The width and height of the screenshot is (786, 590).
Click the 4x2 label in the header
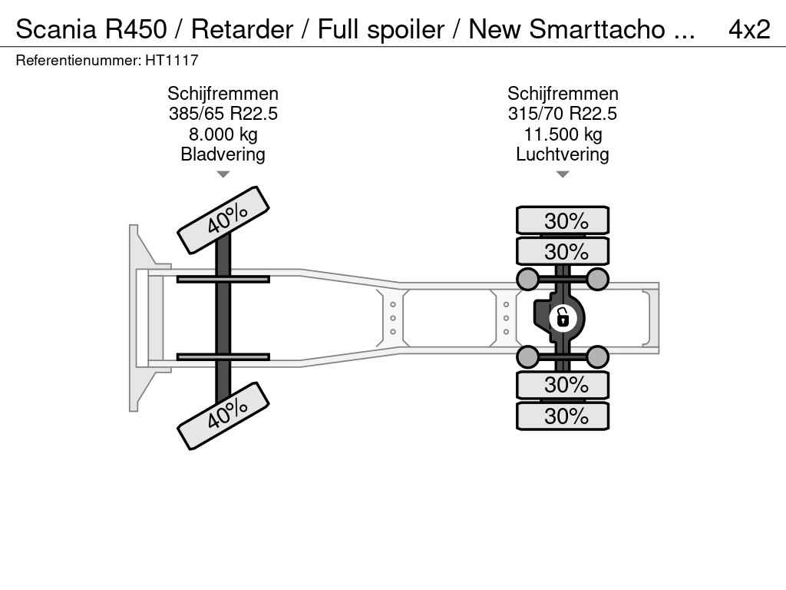749,29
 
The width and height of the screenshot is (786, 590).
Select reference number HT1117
172,60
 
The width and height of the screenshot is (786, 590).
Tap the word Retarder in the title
242,29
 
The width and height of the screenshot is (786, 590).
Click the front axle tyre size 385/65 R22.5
223,114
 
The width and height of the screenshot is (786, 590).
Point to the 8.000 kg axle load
223,134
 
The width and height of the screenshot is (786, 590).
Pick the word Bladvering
223,154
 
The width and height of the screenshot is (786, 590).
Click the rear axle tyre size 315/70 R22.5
563,114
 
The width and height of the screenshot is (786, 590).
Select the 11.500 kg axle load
563,134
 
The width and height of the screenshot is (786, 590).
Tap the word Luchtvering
563,154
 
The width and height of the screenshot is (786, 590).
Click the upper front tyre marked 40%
223,220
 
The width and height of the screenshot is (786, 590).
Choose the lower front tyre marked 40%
223,416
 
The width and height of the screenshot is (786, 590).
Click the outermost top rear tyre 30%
563,220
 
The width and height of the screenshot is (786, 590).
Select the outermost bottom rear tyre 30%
563,416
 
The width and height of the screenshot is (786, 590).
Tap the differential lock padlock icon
562,318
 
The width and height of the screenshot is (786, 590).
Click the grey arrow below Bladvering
223,174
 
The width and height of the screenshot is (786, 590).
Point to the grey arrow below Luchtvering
563,174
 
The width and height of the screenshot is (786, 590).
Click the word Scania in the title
56,29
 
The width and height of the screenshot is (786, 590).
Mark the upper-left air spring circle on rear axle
528,279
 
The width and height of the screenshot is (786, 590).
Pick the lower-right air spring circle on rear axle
597,357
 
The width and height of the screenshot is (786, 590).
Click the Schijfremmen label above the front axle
223,93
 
